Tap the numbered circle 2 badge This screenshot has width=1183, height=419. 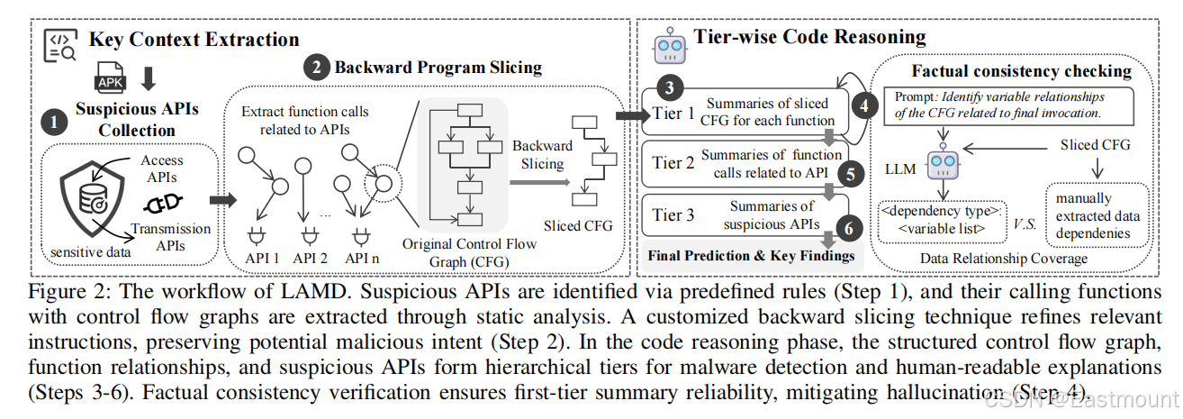[316, 67]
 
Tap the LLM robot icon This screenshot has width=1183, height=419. [942, 164]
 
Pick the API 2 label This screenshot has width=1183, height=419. [311, 258]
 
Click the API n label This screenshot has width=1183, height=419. [362, 258]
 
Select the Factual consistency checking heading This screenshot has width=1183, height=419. [1021, 70]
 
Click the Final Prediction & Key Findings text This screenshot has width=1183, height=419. [751, 256]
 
